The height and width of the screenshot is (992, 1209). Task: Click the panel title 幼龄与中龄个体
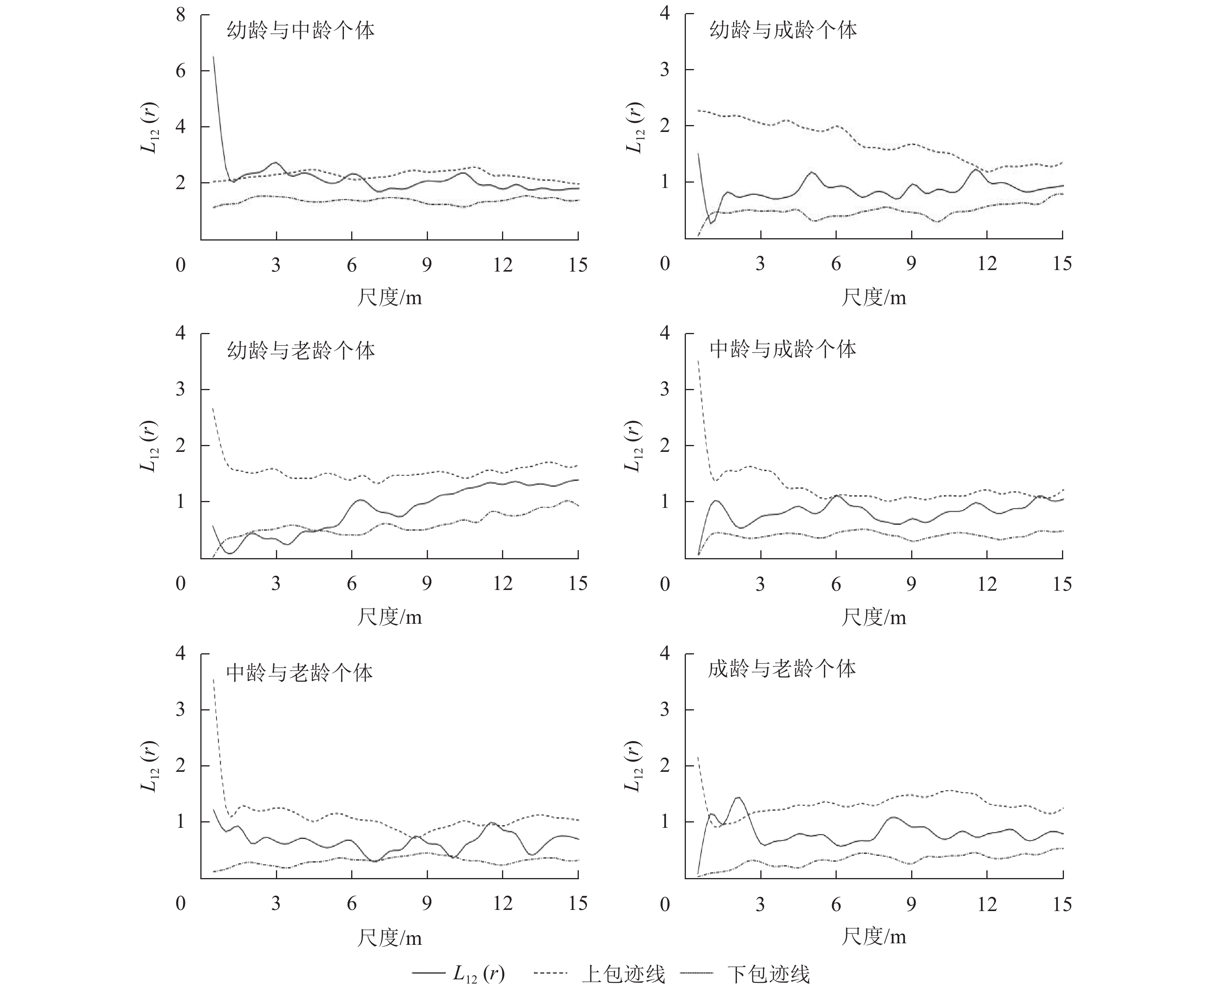pyautogui.click(x=301, y=30)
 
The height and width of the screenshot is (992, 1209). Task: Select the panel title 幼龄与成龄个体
pyautogui.click(x=783, y=30)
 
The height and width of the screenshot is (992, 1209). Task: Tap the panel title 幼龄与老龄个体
pyautogui.click(x=301, y=350)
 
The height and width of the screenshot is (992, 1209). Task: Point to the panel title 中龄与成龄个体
pyautogui.click(x=783, y=349)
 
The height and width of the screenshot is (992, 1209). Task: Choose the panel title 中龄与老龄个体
pyautogui.click(x=299, y=672)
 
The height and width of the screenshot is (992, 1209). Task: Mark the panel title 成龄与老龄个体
pyautogui.click(x=782, y=669)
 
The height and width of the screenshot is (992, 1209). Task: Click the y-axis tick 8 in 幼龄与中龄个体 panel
pyautogui.click(x=181, y=15)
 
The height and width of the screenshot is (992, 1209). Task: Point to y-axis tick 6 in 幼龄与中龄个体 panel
pyautogui.click(x=181, y=71)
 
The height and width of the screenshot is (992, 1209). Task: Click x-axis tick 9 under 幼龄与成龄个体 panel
pyautogui.click(x=911, y=264)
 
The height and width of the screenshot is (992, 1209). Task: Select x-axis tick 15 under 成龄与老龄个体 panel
pyautogui.click(x=1062, y=904)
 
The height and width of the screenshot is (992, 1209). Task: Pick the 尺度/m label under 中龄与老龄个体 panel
pyautogui.click(x=390, y=938)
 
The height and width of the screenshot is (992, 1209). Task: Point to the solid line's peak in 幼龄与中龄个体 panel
pyautogui.click(x=214, y=56)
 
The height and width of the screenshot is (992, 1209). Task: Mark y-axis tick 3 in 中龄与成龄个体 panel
pyautogui.click(x=664, y=389)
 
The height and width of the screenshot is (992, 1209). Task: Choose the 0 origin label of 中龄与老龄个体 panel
pyautogui.click(x=181, y=903)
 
